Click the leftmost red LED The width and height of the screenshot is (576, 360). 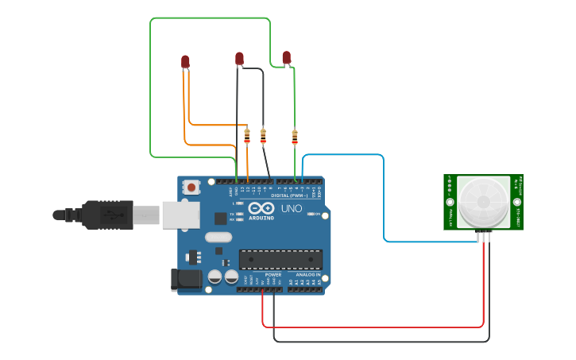click(185, 61)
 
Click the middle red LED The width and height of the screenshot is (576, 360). click(239, 58)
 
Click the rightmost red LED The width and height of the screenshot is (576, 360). click(287, 57)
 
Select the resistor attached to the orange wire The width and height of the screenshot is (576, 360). click(247, 136)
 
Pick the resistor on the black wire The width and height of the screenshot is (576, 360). click(263, 136)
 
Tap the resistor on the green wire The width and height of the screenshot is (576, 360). click(295, 137)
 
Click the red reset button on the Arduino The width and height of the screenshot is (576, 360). click(191, 188)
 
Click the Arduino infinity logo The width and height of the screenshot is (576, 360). click(261, 209)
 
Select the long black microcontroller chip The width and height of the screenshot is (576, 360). click(281, 259)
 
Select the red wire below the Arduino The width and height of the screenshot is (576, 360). click(373, 326)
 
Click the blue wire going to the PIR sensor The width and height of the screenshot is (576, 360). click(384, 199)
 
